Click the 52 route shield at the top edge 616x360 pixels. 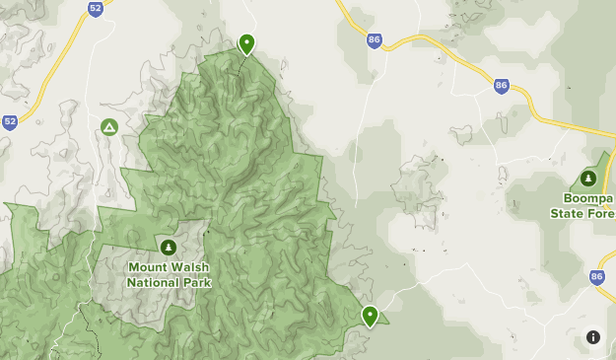pos(95,9)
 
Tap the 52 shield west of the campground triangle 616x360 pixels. pos(10,122)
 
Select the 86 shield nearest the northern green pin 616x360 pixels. pos(374,40)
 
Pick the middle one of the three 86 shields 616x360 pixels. pos(501,87)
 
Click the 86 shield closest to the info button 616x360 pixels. pos(597,278)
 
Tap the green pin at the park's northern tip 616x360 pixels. pos(246,43)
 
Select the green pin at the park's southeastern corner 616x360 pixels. pos(370,316)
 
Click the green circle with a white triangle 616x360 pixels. pos(109,127)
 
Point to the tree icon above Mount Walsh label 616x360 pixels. pos(168,247)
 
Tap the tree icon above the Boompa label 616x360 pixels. pos(588,179)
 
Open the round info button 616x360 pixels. pos(593,337)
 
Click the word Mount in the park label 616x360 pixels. pos(148,267)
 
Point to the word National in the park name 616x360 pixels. pos(153,282)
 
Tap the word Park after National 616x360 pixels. pos(196,282)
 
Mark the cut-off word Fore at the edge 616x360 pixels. pos(601,212)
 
